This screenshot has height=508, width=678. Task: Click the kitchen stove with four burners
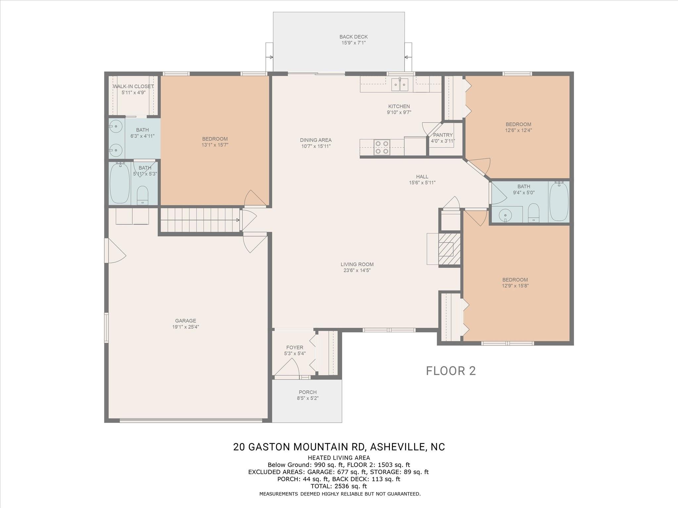[x=381, y=147]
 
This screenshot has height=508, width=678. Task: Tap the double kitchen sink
[x=400, y=84]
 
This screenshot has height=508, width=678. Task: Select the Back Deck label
[x=354, y=37]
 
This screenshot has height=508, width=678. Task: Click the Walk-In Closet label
[x=133, y=86]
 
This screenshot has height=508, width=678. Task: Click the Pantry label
[x=443, y=135]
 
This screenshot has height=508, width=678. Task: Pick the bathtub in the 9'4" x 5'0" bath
[x=559, y=201]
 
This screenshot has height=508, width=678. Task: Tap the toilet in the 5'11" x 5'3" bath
[x=143, y=195]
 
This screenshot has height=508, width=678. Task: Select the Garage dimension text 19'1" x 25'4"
[x=186, y=327]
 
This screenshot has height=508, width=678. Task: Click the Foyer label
[x=295, y=347]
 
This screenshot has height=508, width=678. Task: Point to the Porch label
[x=308, y=392]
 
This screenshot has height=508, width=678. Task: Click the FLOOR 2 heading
[x=451, y=371]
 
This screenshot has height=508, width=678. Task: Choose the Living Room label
[x=357, y=264]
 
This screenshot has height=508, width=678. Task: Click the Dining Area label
[x=316, y=140]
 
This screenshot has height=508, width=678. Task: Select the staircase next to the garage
[x=200, y=220]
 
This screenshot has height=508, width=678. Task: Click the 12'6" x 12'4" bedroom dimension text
[x=519, y=130]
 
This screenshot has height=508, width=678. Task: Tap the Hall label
[x=422, y=177]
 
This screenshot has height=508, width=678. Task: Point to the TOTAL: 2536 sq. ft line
[x=339, y=486]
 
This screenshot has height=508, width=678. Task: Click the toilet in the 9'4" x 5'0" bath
[x=534, y=212]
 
